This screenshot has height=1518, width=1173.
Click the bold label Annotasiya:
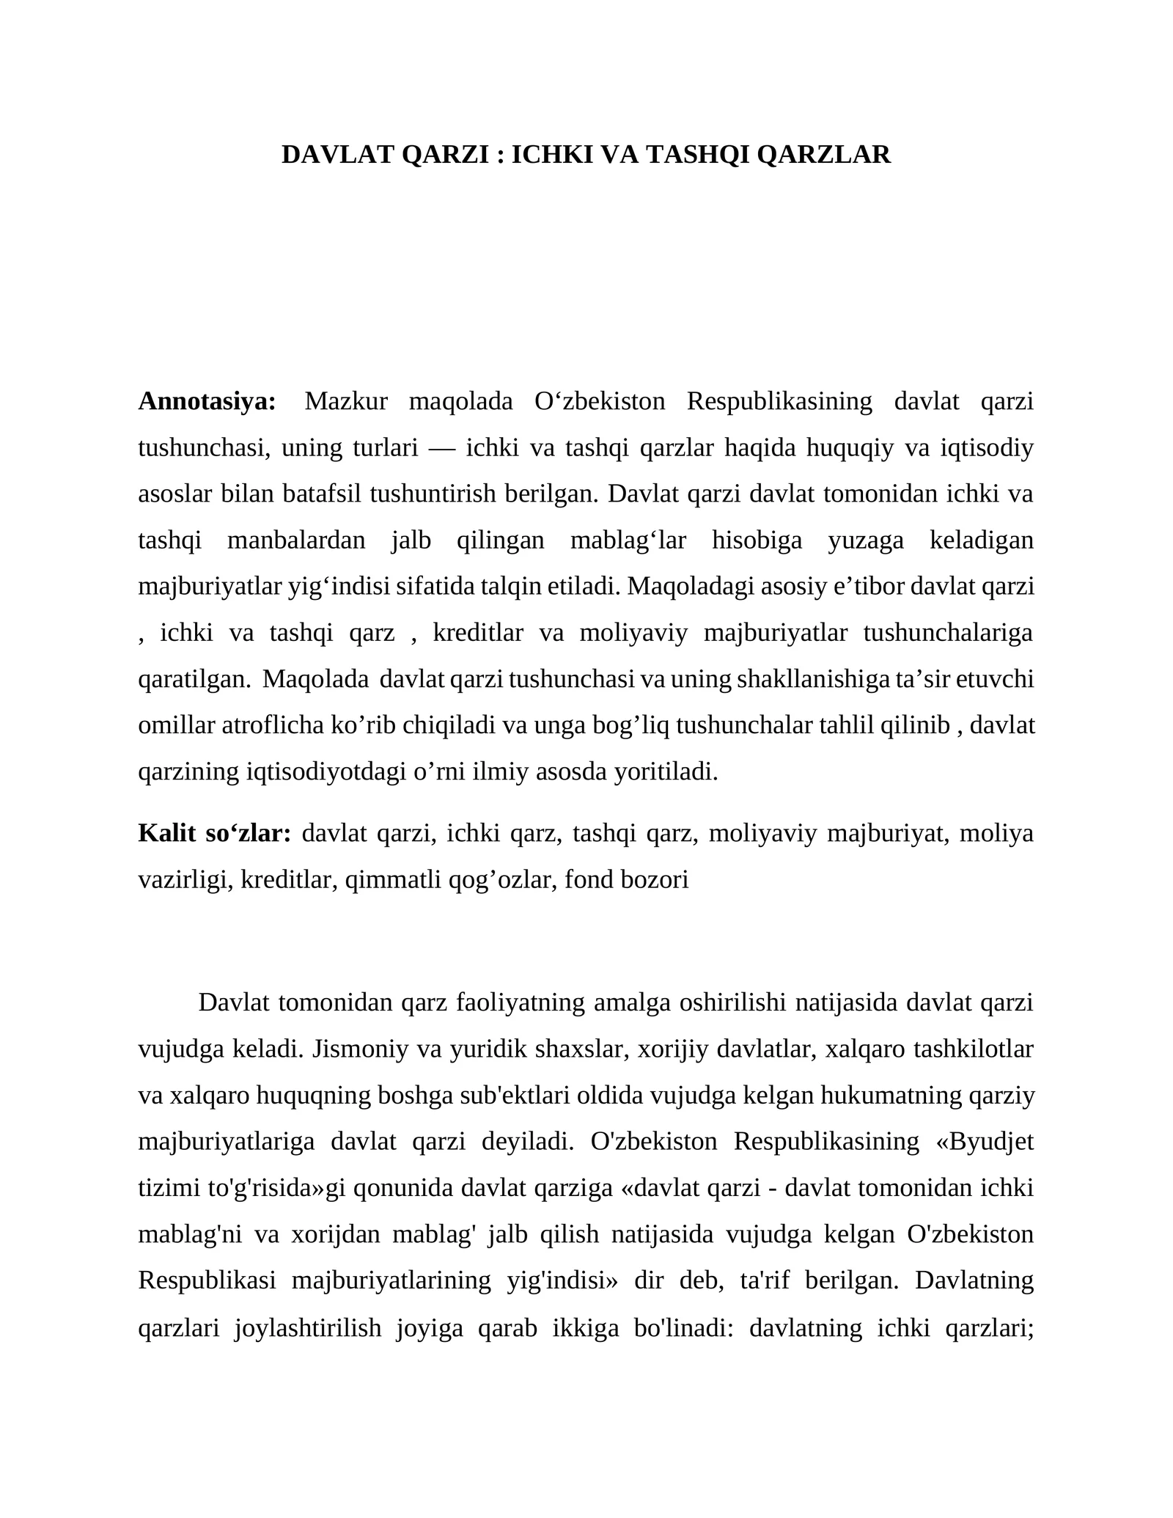coord(207,401)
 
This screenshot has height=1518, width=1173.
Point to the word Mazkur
coord(346,401)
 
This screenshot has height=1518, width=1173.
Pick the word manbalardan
coord(296,540)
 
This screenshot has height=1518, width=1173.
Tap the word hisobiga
coord(757,540)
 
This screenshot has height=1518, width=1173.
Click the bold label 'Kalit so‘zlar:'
coord(215,833)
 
